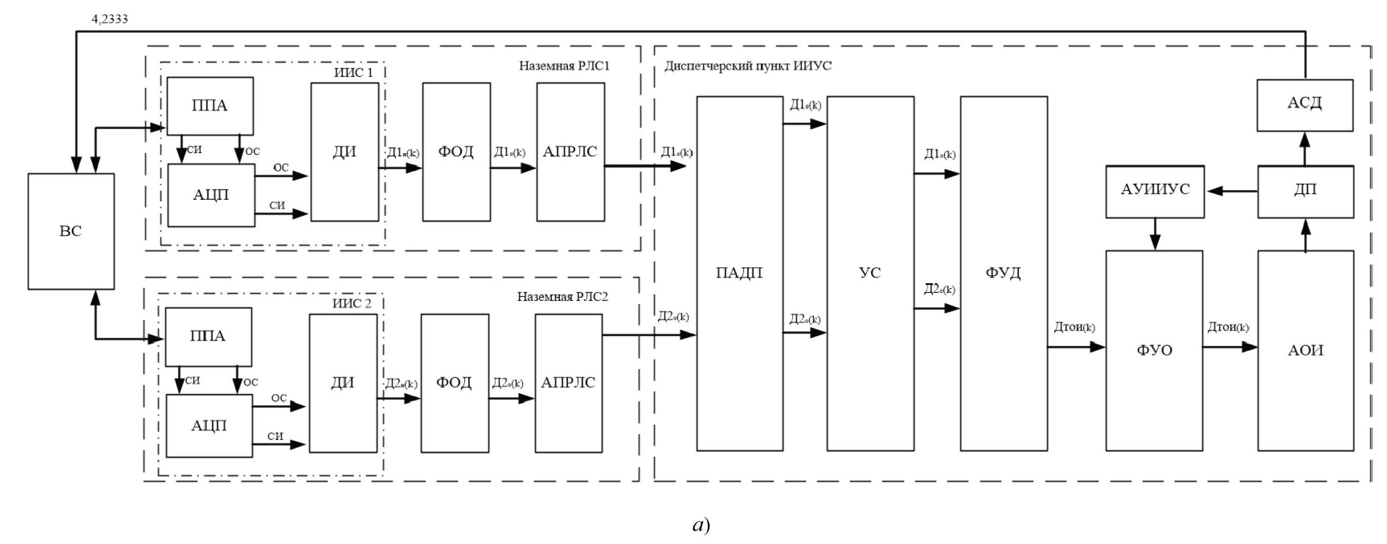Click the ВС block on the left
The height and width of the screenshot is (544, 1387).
click(71, 231)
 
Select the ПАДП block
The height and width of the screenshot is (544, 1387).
click(740, 274)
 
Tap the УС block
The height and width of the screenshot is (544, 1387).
click(870, 274)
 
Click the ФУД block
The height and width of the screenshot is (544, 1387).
click(1004, 274)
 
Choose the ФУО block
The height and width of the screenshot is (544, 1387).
click(1154, 351)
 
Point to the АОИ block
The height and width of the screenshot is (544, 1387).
click(1306, 351)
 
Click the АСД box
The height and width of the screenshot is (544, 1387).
click(1304, 105)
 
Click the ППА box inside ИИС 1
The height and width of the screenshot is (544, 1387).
click(210, 106)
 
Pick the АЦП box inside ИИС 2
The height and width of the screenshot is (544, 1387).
click(209, 426)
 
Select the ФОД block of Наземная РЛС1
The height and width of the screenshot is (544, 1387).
click(456, 152)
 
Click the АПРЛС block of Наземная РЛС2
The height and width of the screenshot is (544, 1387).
click(569, 383)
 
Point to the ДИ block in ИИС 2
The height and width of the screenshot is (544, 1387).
click(343, 383)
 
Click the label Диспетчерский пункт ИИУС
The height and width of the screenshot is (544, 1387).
click(748, 66)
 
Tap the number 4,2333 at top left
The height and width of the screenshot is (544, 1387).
click(110, 19)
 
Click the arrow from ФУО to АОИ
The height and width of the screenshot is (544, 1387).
click(1231, 347)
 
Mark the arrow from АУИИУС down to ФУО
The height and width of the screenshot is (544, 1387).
click(1155, 234)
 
